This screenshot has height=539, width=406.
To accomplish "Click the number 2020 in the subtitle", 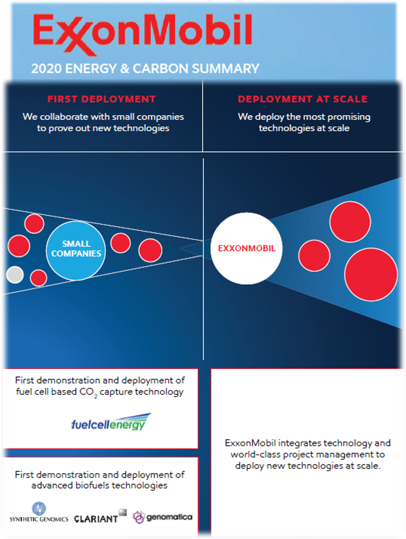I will pyautogui.click(x=45, y=68).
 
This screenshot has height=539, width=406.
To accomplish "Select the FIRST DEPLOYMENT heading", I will pyautogui.click(x=102, y=99).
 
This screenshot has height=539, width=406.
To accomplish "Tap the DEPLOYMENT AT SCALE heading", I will pyautogui.click(x=303, y=99).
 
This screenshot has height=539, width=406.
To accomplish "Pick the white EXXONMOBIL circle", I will pyautogui.click(x=247, y=248).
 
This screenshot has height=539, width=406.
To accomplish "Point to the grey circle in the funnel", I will pyautogui.click(x=15, y=275).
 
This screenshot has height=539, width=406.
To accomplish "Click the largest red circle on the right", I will pyautogui.click(x=371, y=274).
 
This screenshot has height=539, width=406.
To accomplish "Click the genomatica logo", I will pyautogui.click(x=163, y=516).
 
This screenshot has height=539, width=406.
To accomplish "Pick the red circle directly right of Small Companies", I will pyautogui.click(x=121, y=242).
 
